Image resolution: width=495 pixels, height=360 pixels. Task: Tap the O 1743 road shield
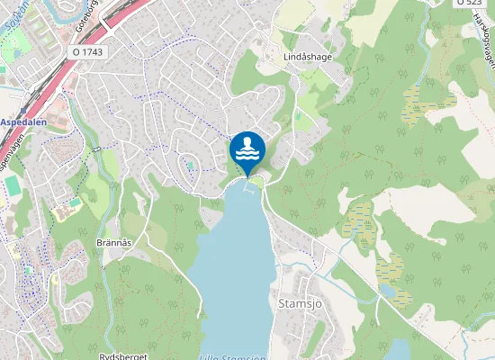point(87,53)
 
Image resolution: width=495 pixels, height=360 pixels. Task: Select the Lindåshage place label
point(283,56)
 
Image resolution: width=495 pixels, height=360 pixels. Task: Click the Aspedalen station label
point(23,121)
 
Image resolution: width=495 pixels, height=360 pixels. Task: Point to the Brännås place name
point(114,243)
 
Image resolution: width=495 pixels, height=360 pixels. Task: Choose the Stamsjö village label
point(301,303)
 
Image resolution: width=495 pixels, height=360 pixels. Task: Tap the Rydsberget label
point(122,355)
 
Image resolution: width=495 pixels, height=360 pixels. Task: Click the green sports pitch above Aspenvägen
point(12,184)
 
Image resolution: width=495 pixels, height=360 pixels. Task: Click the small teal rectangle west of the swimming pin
point(190,166)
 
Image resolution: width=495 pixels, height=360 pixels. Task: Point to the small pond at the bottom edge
point(397,350)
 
